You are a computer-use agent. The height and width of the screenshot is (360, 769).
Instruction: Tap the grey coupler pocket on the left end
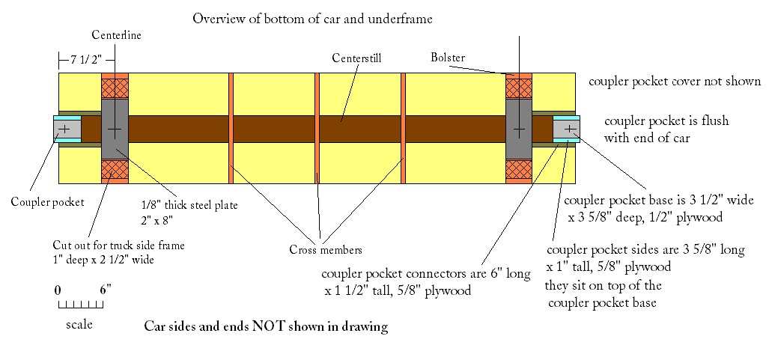67,129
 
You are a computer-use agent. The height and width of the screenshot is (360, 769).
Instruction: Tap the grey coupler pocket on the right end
568,129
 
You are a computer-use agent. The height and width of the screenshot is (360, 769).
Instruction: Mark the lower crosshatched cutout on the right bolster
518,170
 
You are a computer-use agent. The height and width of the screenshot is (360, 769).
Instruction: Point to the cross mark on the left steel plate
115,129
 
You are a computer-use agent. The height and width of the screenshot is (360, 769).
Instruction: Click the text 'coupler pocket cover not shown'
675,82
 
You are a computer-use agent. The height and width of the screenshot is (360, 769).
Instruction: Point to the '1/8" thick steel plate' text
189,205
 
